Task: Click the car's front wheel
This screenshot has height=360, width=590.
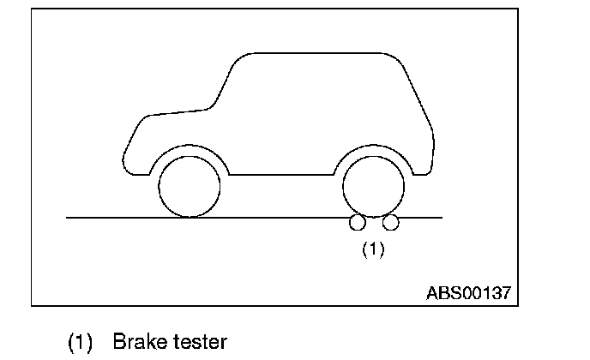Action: pos(190,185)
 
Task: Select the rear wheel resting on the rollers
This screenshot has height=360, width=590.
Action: pos(374,185)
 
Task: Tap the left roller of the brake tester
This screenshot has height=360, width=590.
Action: pos(358,223)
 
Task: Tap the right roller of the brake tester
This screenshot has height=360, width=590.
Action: pos(391,223)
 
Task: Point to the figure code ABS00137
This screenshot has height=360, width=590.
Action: pos(468,292)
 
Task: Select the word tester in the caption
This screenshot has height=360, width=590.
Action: pos(199,342)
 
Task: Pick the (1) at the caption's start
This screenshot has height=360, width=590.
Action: pos(80,342)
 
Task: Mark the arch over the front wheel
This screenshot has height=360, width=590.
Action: pos(190,147)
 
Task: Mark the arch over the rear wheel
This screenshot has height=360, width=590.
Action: pos(374,147)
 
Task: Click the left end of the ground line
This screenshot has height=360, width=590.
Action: pos(69,218)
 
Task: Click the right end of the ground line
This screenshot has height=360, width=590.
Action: pos(440,218)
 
